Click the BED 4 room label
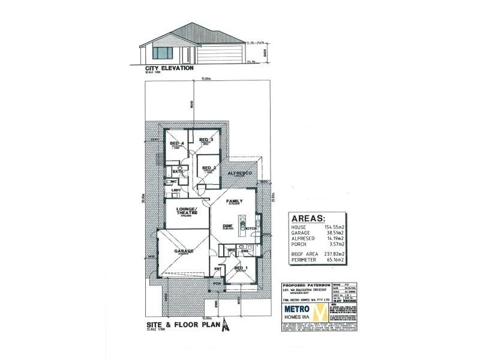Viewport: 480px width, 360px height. (176, 143)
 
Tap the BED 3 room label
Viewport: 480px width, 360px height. (206, 139)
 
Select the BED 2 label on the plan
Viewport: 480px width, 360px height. (209, 167)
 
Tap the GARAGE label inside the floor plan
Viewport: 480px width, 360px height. (183, 253)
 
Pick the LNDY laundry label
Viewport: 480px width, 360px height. (176, 191)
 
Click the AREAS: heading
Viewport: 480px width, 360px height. (308, 218)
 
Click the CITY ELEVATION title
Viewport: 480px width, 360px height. (169, 68)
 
